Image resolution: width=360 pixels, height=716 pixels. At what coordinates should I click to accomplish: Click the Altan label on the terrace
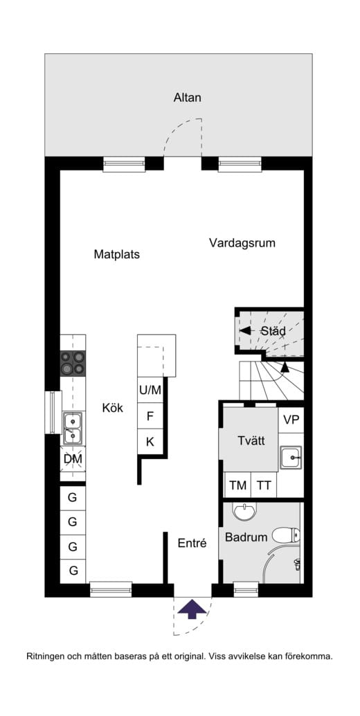187,98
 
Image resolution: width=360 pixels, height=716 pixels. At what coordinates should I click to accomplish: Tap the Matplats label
117,254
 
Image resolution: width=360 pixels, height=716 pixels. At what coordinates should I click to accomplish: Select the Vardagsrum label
242,243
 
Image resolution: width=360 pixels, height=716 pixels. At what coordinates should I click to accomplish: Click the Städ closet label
273,331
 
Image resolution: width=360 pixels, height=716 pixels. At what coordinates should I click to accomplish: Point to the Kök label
112,408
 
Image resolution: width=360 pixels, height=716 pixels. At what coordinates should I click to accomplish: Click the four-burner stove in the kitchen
73,363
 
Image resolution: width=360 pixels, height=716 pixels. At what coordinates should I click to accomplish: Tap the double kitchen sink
73,427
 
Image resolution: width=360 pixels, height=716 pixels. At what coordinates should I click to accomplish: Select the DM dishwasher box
73,458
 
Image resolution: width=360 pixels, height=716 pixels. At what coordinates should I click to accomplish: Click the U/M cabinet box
150,391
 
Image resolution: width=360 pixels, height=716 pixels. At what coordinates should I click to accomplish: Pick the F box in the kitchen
150,417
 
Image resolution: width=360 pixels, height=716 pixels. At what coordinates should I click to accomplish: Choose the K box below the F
150,441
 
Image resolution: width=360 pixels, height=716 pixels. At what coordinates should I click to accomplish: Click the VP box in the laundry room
291,420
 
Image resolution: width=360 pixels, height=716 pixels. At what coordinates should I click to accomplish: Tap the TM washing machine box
237,485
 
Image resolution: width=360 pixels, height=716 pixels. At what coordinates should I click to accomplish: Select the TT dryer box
264,485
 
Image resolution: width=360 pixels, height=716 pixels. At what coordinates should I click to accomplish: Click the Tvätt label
251,441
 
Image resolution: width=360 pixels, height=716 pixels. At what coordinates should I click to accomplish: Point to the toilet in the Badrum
286,535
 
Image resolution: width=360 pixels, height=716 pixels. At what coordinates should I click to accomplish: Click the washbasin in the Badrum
243,512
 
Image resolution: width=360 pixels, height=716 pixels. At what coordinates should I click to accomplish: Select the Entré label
192,544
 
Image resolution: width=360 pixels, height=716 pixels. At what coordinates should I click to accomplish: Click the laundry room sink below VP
291,456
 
